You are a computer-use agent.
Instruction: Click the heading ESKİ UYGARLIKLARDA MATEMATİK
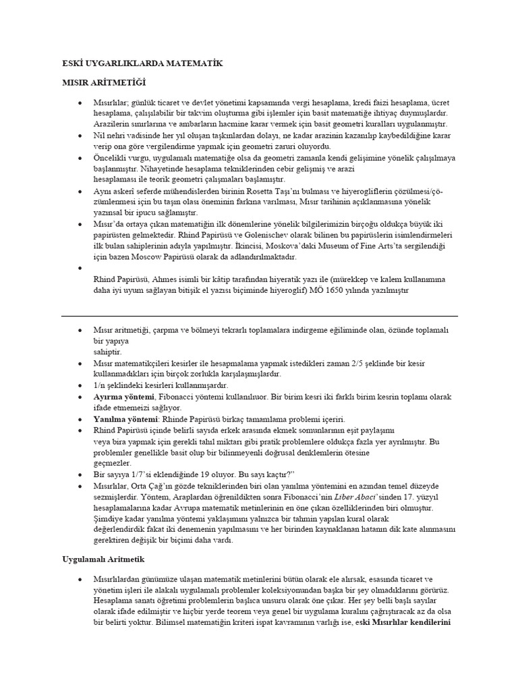coord(138,63)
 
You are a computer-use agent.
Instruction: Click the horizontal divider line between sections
coord(260,315)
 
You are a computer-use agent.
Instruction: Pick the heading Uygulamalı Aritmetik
coord(103,560)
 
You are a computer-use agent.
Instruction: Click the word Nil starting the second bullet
coord(99,136)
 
